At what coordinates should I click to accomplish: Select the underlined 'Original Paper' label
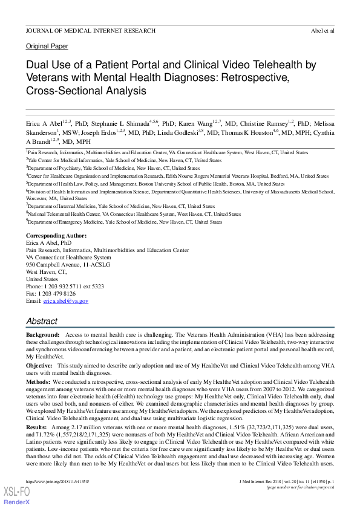tap(47, 47)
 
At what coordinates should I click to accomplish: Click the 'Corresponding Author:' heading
tap(56, 235)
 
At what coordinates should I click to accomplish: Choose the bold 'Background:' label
tap(42, 334)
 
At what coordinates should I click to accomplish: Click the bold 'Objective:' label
tap(39, 366)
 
